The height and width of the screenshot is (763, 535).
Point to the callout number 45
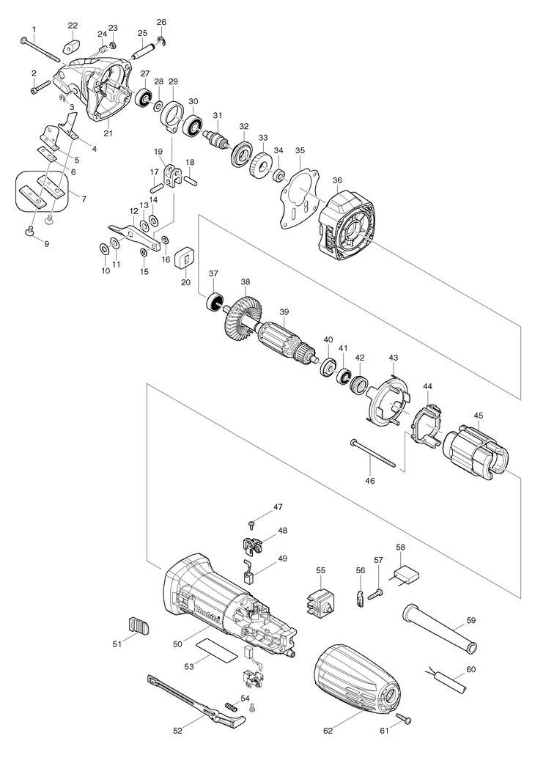(x=479, y=416)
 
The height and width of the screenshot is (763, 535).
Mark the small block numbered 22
(x=72, y=48)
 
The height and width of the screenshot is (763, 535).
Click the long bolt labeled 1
(x=40, y=50)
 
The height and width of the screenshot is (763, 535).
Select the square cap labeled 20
(x=185, y=257)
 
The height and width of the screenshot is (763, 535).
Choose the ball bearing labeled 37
(x=213, y=302)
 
